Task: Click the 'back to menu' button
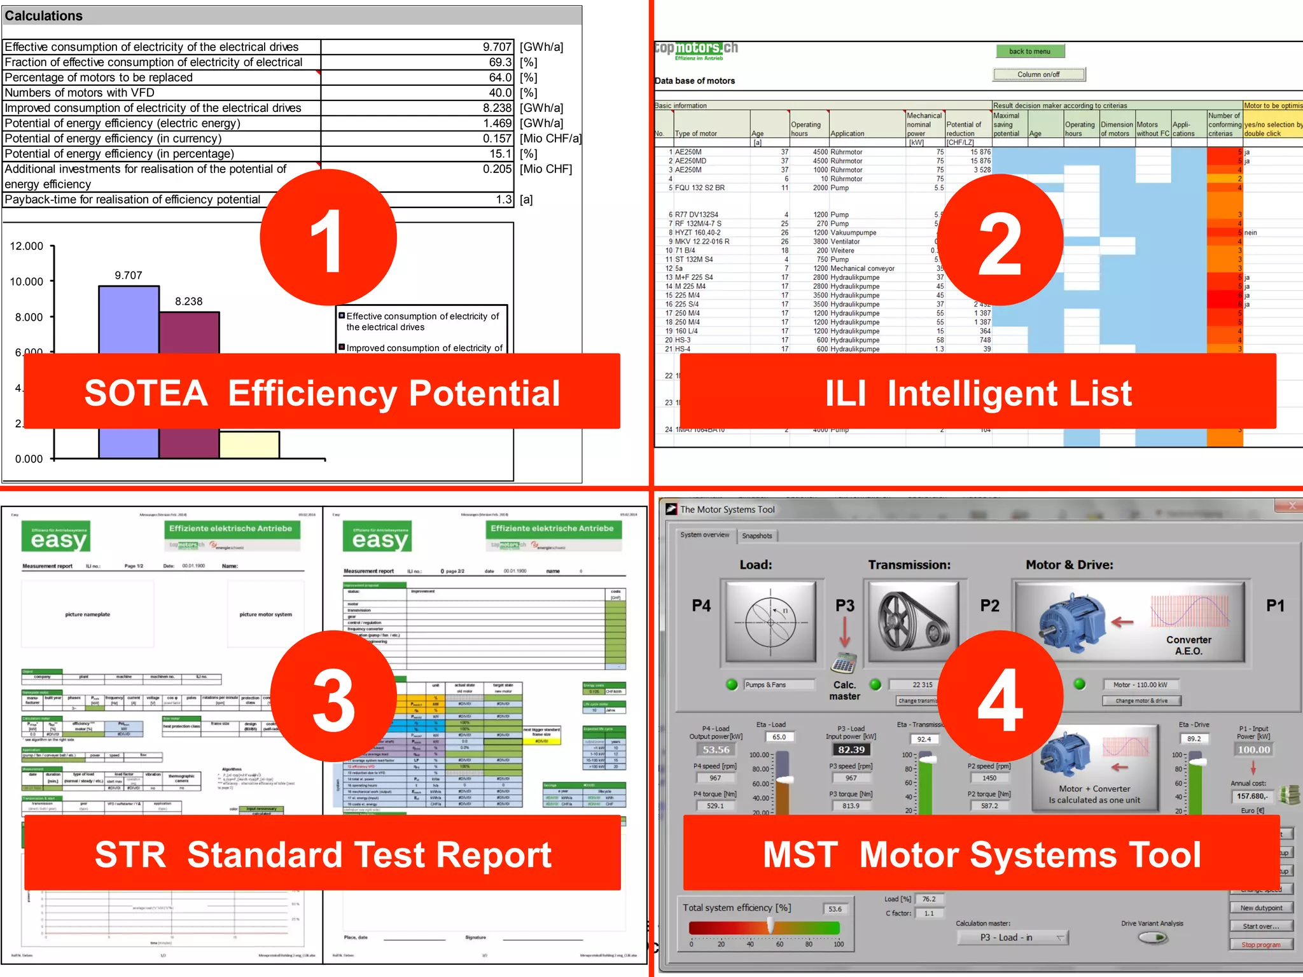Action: coord(1029,52)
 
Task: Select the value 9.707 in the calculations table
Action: coord(497,47)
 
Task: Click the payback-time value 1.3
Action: coord(504,200)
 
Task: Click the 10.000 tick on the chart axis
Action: coord(27,282)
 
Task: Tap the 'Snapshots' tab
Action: coord(757,536)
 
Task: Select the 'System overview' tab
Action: coord(705,535)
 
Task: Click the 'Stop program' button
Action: coord(1261,945)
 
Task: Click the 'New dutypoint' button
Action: coord(1261,908)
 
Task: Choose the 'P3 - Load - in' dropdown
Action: coord(1012,938)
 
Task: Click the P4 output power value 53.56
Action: coord(716,750)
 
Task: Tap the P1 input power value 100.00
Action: coord(1253,750)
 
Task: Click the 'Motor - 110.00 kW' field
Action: coord(1140,685)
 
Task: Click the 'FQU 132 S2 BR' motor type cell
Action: coord(700,188)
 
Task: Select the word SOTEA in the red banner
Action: coord(146,393)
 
